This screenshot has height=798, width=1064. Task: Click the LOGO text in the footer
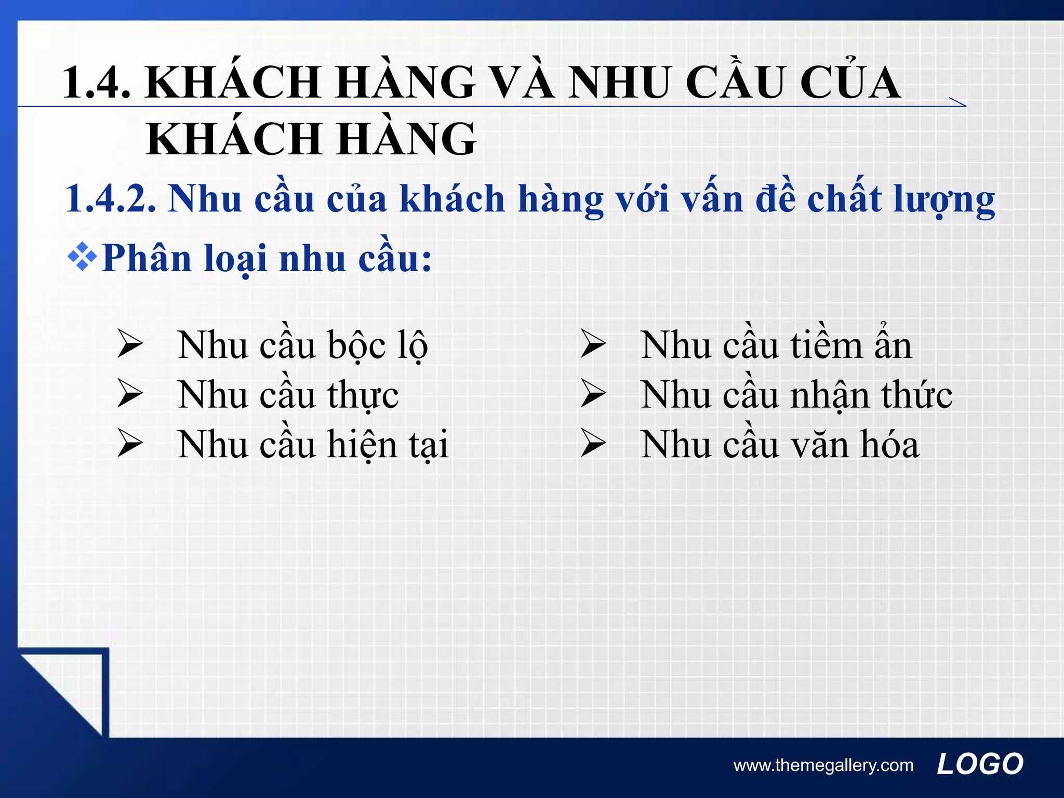coord(980,764)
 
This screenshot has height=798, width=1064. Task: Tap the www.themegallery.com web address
coord(823,765)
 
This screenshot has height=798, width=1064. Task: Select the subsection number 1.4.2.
coord(110,199)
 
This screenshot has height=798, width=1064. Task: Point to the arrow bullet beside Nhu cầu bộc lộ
coord(130,344)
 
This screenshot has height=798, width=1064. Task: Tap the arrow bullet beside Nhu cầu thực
coord(130,393)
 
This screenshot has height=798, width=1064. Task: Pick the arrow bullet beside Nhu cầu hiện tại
coord(130,443)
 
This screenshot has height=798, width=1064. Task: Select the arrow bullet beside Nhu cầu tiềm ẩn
coord(593,344)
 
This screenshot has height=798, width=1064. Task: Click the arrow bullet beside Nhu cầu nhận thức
coord(593,393)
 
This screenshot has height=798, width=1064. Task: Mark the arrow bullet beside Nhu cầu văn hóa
coord(593,443)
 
